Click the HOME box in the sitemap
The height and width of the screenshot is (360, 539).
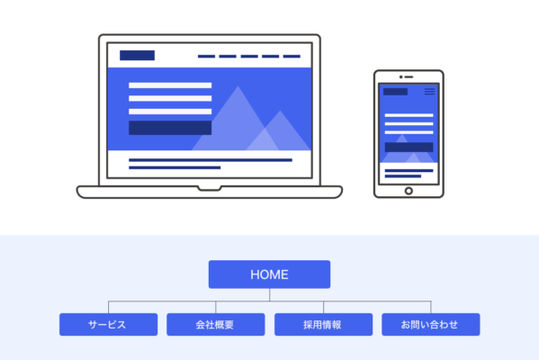(x=269, y=274)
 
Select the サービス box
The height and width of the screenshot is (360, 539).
(x=108, y=324)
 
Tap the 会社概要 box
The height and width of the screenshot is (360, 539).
(x=216, y=324)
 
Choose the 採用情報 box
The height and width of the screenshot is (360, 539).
(x=323, y=324)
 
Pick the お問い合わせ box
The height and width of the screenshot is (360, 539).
(x=431, y=324)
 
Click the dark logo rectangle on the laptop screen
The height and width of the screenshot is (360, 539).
(x=137, y=56)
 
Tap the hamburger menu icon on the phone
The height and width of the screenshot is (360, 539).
(x=430, y=92)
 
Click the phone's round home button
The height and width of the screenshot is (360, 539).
(x=409, y=191)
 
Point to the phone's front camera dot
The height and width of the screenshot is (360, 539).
(x=400, y=77)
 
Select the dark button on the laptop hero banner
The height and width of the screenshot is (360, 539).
(x=170, y=128)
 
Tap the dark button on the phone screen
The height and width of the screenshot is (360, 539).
(x=409, y=148)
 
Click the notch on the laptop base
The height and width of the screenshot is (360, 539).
(x=210, y=188)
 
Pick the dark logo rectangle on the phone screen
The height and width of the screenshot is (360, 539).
(x=395, y=92)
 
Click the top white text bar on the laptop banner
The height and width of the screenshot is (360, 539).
(x=170, y=85)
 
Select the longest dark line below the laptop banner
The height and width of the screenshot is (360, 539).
(x=211, y=160)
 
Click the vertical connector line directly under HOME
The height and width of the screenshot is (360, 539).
(x=270, y=294)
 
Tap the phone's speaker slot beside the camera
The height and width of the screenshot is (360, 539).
(x=409, y=77)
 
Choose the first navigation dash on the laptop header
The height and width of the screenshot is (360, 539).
(x=206, y=57)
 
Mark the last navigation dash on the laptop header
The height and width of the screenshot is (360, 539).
(x=292, y=57)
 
